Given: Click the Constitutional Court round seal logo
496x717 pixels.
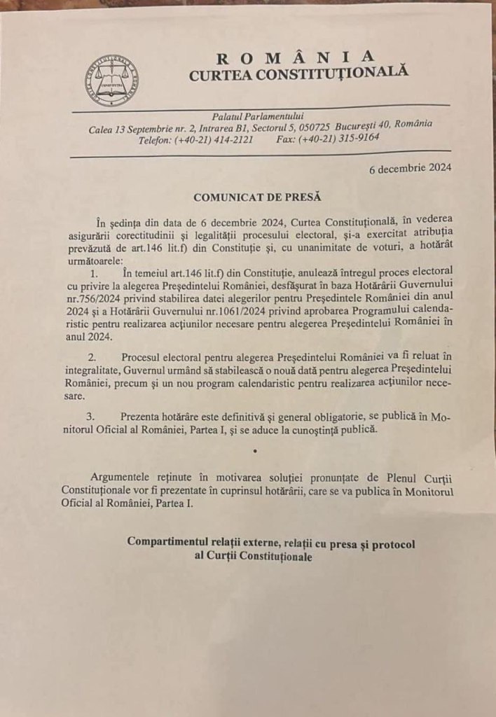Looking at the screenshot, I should (x=111, y=80).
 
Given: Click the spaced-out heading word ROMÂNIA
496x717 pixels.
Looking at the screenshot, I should (x=296, y=57).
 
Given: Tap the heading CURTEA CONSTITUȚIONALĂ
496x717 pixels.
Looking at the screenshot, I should (x=298, y=73).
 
